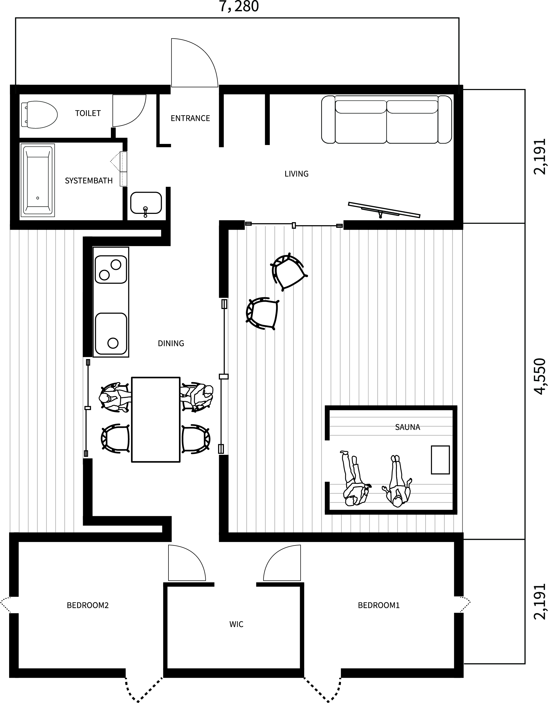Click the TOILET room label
click(x=88, y=113)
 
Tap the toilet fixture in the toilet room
click(x=39, y=115)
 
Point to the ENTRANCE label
click(x=190, y=118)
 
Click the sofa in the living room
click(x=386, y=120)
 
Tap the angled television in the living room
click(x=384, y=210)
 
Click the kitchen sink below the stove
click(x=111, y=333)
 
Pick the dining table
click(x=156, y=420)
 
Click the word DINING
click(x=171, y=343)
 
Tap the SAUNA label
click(x=407, y=427)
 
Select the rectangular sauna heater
click(x=440, y=460)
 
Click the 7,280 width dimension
click(x=239, y=7)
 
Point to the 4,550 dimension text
click(x=540, y=376)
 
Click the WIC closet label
click(x=237, y=624)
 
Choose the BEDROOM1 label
click(x=379, y=605)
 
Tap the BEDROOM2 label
click(x=88, y=605)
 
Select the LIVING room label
click(x=296, y=174)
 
